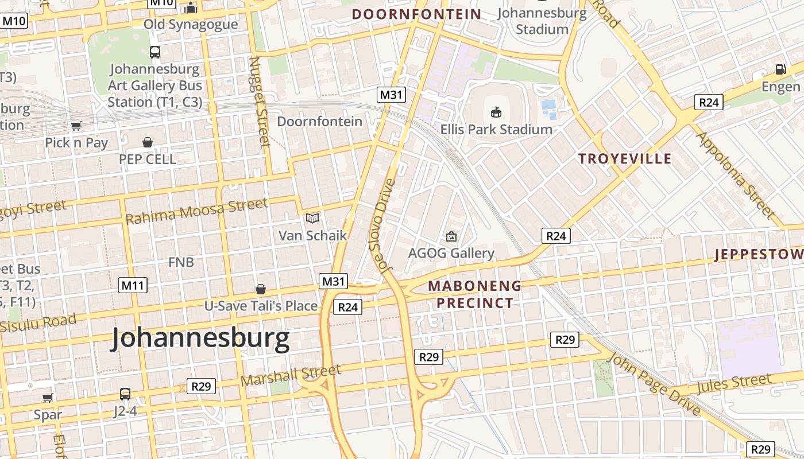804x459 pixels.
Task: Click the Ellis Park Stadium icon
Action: click(496, 112)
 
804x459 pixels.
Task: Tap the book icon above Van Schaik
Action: click(312, 219)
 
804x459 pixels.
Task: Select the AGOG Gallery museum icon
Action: click(451, 236)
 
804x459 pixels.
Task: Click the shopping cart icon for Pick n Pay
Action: click(76, 126)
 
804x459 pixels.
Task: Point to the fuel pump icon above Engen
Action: click(780, 69)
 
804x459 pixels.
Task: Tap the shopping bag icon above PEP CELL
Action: click(148, 142)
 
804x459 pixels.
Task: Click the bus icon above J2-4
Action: click(125, 394)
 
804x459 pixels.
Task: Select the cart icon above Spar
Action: click(48, 398)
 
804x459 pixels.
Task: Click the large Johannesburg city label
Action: click(200, 338)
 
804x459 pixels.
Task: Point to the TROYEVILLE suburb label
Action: click(625, 159)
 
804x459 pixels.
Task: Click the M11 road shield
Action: click(133, 285)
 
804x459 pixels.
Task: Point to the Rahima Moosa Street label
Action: click(196, 211)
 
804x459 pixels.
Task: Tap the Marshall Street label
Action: click(291, 375)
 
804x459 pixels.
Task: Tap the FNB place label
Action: click(181, 262)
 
